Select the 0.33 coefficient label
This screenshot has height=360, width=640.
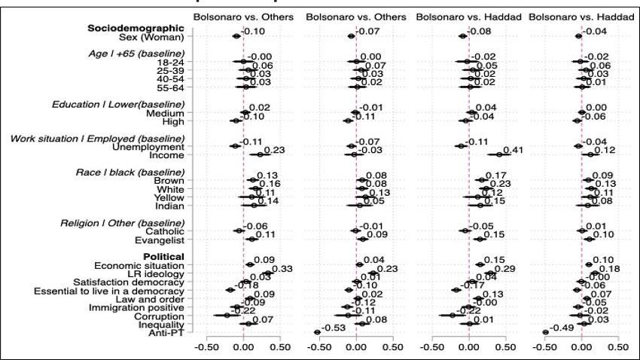[x=282, y=269]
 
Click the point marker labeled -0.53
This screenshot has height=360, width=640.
[x=317, y=331]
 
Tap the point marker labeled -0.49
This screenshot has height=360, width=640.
[x=545, y=331]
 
